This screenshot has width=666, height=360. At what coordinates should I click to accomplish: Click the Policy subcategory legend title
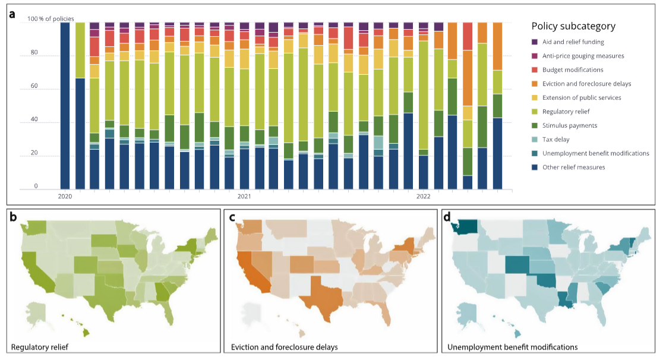tap(573, 26)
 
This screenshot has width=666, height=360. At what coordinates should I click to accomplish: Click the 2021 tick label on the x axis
tap(244, 196)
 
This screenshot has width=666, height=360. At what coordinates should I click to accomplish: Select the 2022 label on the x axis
tap(423, 196)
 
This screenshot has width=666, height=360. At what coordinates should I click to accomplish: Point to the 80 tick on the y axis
tap(34, 53)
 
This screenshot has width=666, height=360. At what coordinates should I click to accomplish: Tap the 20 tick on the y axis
tap(34, 153)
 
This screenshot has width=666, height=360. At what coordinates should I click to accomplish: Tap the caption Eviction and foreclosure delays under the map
tap(283, 346)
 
